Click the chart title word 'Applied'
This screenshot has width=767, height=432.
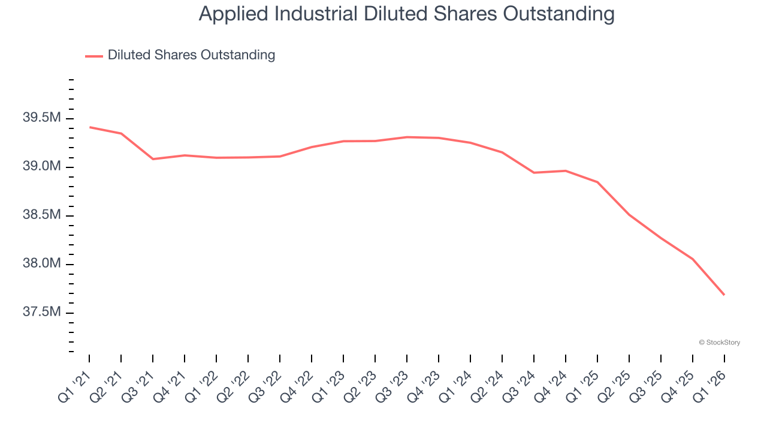[234, 14]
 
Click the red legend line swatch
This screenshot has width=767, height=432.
[94, 56]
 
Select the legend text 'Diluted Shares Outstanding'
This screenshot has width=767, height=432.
[191, 55]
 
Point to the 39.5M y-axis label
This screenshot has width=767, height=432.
[41, 118]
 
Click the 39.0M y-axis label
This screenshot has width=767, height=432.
[41, 167]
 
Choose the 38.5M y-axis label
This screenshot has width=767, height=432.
[41, 215]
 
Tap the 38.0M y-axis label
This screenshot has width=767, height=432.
[41, 264]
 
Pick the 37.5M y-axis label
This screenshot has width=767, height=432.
[41, 313]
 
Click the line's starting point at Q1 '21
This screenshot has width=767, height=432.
[89, 127]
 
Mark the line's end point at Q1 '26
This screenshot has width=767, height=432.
[724, 295]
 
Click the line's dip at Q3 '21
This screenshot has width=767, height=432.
[153, 159]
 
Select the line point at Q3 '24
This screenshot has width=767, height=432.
[534, 173]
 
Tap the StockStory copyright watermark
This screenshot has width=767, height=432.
[719, 343]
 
